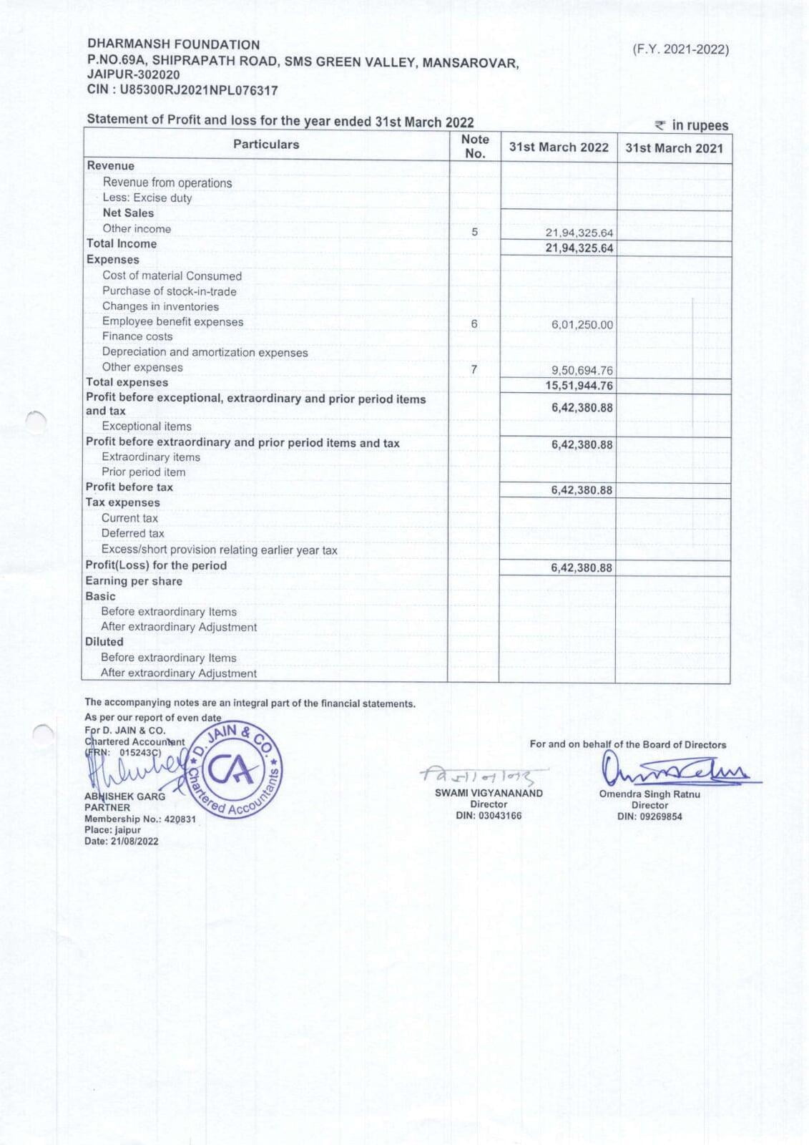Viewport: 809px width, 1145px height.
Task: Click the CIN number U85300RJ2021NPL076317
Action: coord(199,91)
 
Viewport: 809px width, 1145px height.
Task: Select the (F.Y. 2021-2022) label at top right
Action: coord(680,49)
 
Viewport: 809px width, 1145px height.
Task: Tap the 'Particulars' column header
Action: coord(266,145)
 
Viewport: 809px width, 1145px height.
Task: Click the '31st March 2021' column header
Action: coord(674,148)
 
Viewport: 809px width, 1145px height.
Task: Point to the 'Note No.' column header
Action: coord(475,147)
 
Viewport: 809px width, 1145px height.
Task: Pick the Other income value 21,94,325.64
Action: coord(579,233)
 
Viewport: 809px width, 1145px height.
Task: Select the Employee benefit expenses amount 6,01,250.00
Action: coord(582,325)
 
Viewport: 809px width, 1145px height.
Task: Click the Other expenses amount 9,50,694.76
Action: coord(582,371)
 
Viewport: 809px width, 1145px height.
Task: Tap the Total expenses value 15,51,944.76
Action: coord(579,386)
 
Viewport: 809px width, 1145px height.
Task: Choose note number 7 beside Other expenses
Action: coord(474,369)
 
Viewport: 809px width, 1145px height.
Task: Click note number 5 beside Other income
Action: coord(474,232)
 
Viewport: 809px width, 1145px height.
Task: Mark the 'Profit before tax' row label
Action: coord(129,487)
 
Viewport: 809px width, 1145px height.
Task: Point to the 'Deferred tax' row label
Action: coord(132,533)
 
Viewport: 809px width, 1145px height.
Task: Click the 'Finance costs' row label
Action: coord(137,336)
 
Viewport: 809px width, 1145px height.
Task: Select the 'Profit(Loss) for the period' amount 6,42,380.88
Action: coord(581,568)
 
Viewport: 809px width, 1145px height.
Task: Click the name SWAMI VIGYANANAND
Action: coord(489,793)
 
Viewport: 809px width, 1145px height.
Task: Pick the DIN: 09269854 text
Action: coord(649,817)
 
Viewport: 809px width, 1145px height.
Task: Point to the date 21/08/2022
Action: coord(134,842)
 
